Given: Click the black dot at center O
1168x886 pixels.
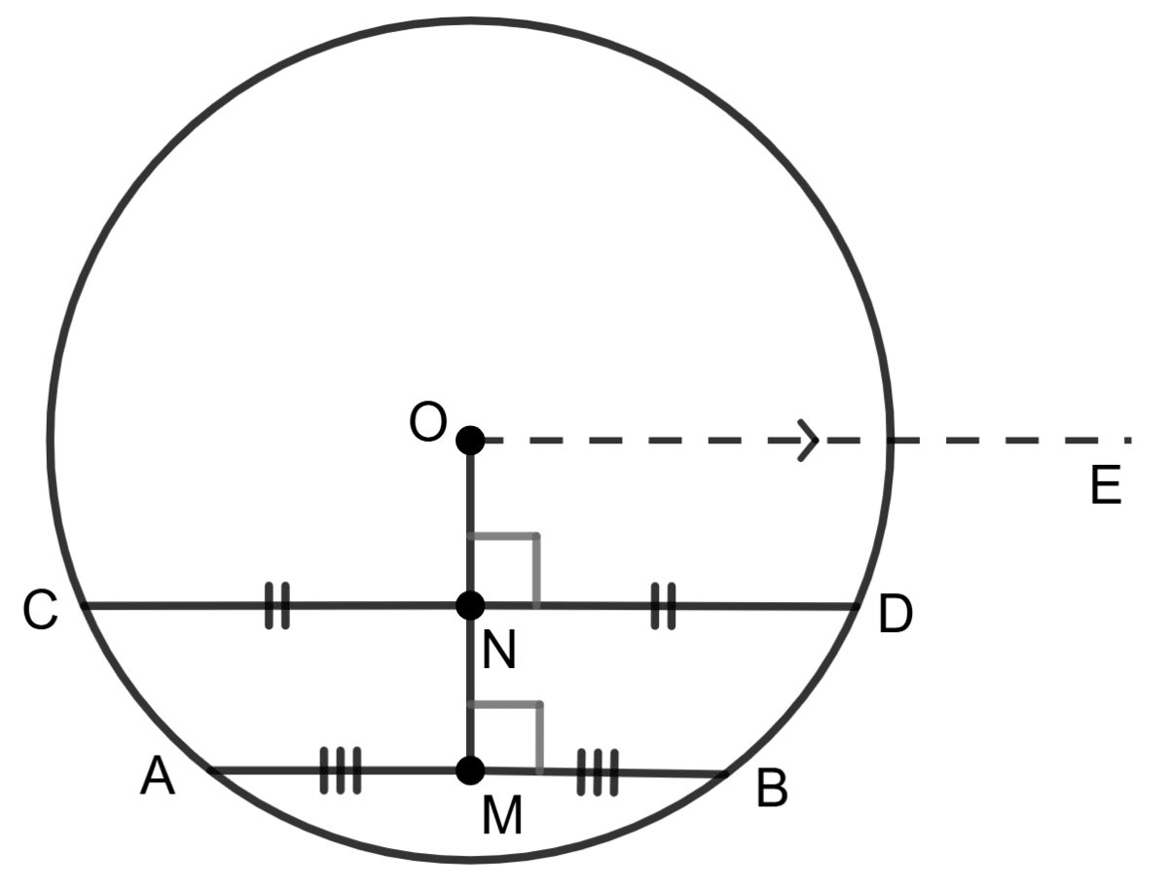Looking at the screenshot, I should click(x=470, y=440).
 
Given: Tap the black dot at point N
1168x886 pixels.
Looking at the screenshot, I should click(x=470, y=606).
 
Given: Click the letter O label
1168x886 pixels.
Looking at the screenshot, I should click(x=427, y=423).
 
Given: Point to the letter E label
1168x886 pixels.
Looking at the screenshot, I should click(x=1106, y=485).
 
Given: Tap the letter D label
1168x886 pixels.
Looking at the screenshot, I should click(x=894, y=616).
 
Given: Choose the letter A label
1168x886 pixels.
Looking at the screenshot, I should click(x=158, y=777).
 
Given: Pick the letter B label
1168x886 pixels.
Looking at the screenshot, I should click(x=771, y=790).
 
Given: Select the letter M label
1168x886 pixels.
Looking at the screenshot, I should click(x=502, y=817).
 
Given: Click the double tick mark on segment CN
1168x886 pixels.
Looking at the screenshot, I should click(x=277, y=606).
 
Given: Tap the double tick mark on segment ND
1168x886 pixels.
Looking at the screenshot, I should click(x=663, y=606).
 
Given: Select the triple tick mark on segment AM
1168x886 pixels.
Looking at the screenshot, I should click(x=341, y=770).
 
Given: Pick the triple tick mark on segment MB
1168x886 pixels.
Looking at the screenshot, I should click(x=598, y=773).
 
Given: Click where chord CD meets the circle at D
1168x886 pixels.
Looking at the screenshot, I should click(x=858, y=607).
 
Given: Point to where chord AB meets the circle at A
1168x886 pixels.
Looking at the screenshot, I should click(x=209, y=770).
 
